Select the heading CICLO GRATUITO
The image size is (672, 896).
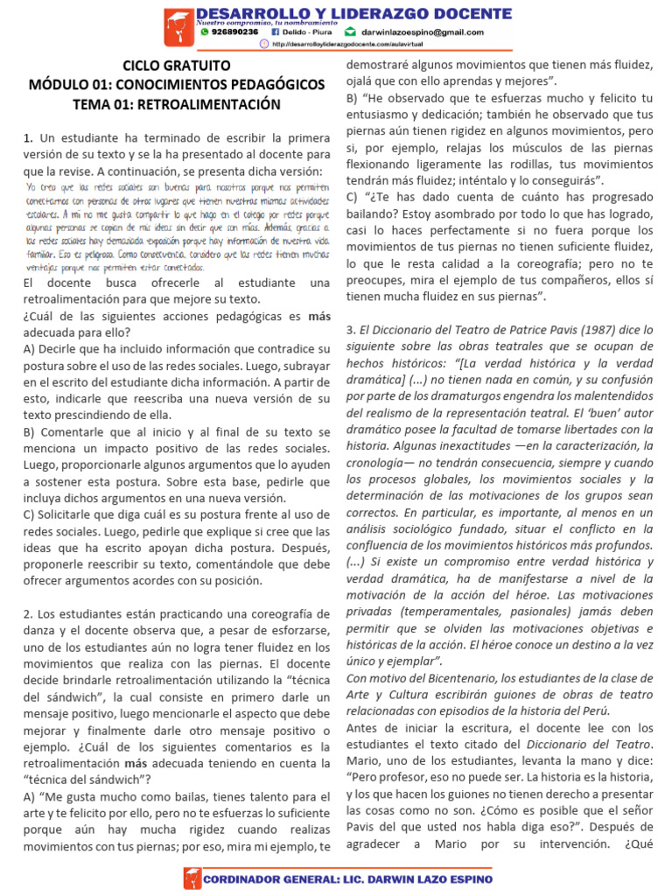[x=177, y=66]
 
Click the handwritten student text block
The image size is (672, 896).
[x=177, y=227]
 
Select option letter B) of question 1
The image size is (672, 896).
[x=31, y=432]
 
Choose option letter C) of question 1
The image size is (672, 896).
[x=31, y=515]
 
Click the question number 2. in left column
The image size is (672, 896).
[x=28, y=614]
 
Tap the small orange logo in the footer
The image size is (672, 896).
[x=191, y=878]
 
